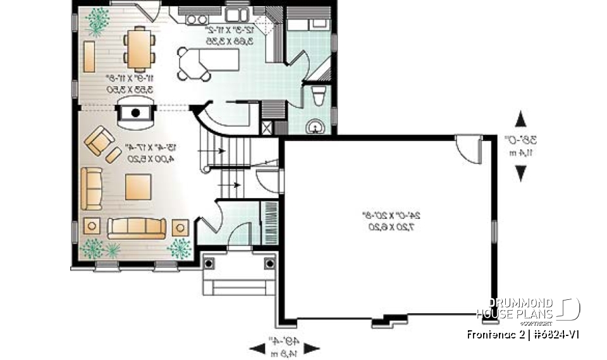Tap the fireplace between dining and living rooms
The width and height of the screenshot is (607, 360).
pyautogui.click(x=135, y=114)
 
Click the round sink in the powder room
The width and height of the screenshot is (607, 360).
pyautogui.click(x=315, y=127)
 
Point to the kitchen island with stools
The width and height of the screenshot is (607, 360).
pyautogui.click(x=209, y=61)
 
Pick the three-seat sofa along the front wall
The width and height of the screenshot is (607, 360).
pyautogui.click(x=136, y=227)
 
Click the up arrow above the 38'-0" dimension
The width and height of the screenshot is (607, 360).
pyautogui.click(x=521, y=119)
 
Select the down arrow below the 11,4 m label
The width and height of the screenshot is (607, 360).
pyautogui.click(x=521, y=172)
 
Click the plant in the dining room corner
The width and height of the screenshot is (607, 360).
pyautogui.click(x=97, y=20)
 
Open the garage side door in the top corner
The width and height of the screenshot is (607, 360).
pyautogui.click(x=469, y=149)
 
